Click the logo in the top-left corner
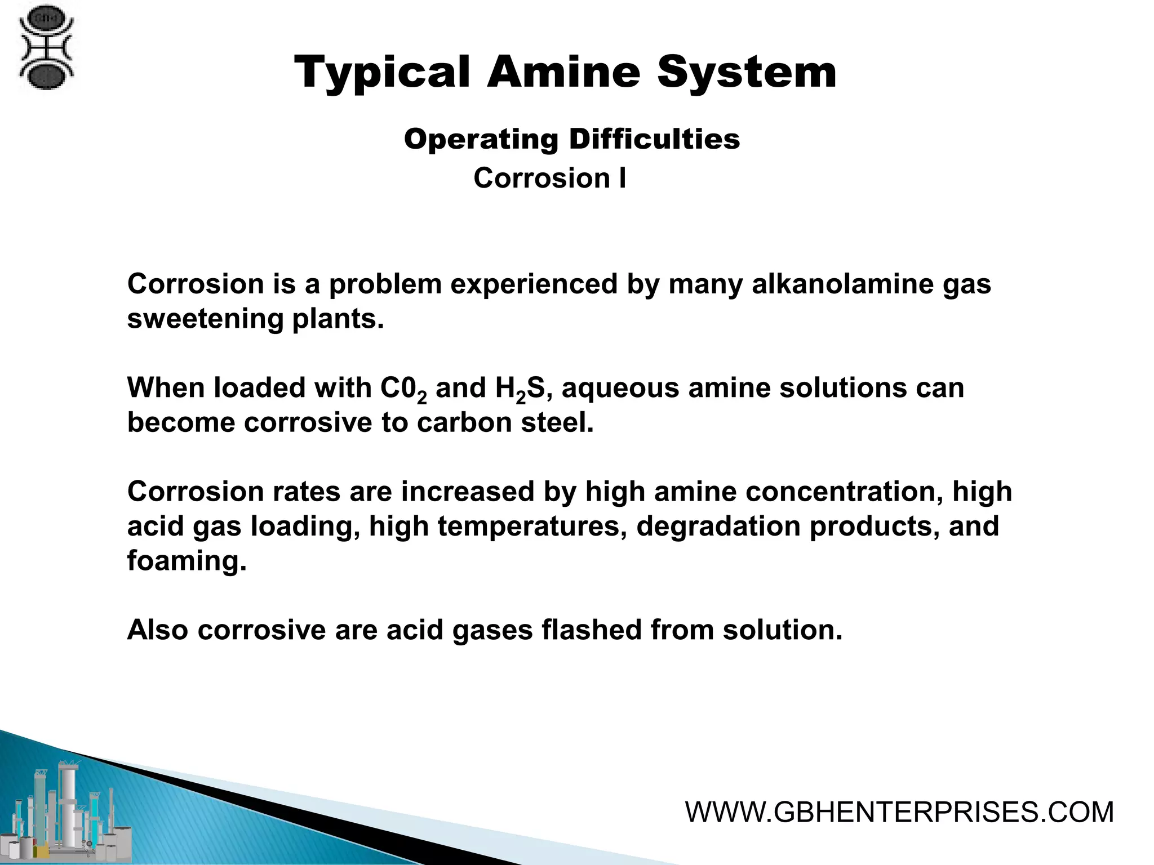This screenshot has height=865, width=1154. click(46, 47)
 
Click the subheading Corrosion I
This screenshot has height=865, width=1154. click(549, 178)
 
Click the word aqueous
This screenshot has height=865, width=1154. click(620, 389)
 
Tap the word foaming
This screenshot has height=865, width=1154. click(187, 561)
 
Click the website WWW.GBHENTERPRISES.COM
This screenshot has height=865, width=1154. click(899, 813)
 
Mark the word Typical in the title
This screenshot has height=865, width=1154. click(382, 73)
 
